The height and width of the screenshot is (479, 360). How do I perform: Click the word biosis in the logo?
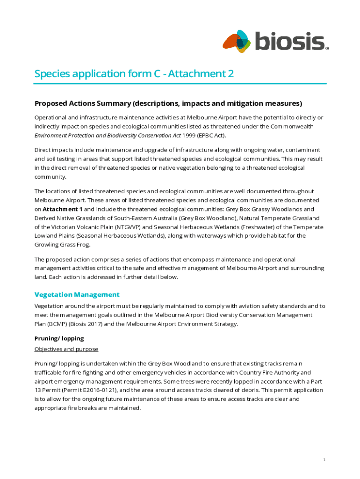click(289, 41)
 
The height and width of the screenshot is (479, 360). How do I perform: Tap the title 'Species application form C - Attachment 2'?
click(134, 74)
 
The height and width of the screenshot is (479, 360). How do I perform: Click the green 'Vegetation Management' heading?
click(77, 294)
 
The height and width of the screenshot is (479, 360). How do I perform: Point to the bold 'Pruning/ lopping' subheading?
click(59, 338)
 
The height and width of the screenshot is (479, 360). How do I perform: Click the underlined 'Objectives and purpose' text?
click(66, 349)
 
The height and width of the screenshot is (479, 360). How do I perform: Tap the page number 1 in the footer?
click(324, 460)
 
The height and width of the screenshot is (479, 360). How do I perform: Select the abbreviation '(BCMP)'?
click(48, 324)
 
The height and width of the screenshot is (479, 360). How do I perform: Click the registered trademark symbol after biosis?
click(327, 48)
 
